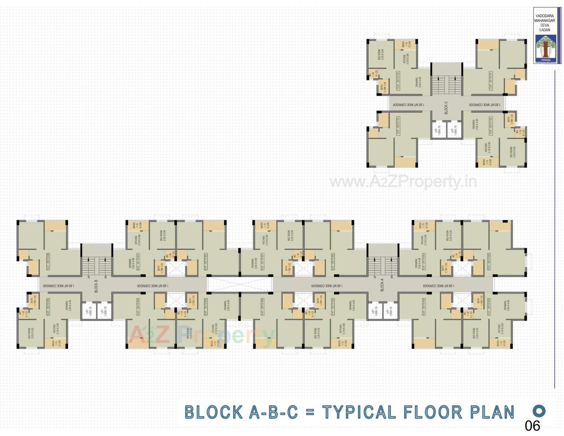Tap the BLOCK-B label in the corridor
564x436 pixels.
[96, 286]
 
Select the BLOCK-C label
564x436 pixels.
[446, 108]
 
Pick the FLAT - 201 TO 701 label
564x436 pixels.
[491, 81]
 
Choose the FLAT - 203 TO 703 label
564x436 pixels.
[398, 126]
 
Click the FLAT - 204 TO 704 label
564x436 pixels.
[398, 81]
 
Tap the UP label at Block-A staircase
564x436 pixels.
[375, 277]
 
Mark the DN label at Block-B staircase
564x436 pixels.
[106, 277]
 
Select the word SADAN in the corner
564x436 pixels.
[545, 30]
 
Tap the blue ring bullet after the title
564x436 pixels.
[539, 411]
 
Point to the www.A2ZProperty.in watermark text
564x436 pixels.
[403, 181]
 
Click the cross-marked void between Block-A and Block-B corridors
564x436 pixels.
[240, 284]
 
